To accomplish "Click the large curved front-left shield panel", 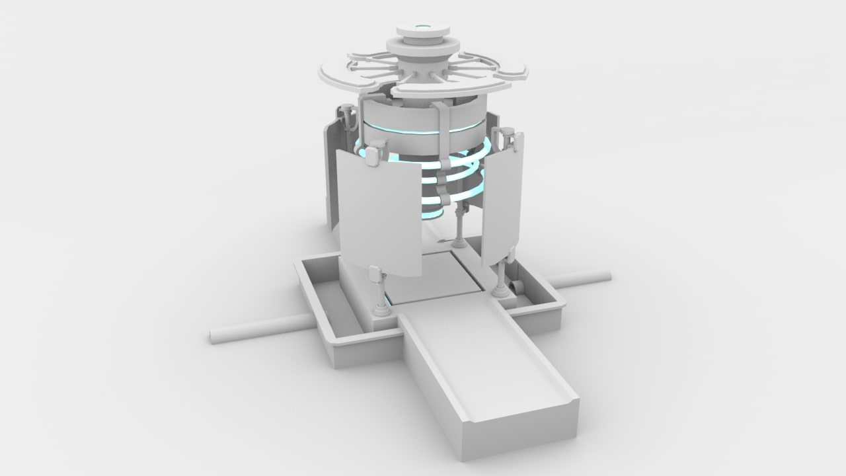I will [x=380, y=215].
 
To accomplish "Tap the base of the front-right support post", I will [x=500, y=290].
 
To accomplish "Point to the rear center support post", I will [x=459, y=225].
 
